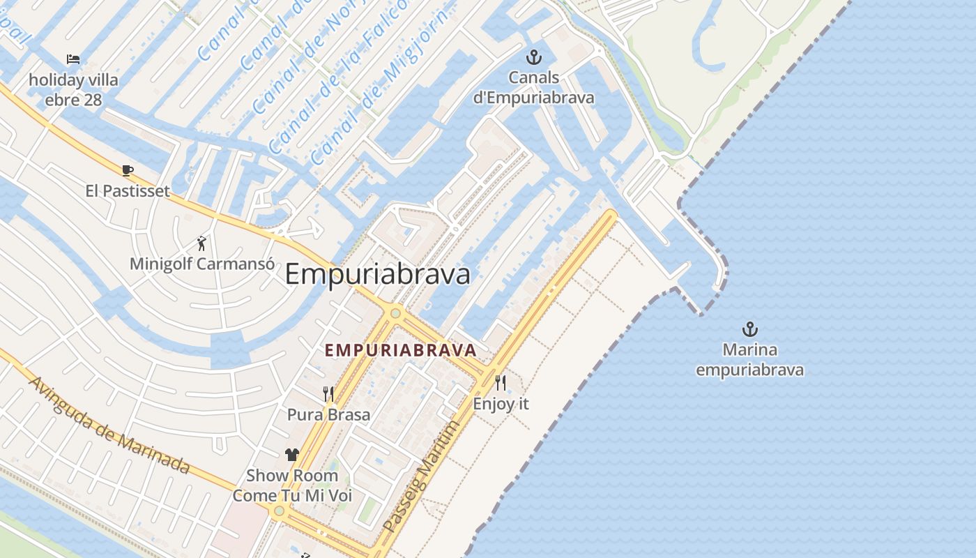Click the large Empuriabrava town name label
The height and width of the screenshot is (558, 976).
pyautogui.click(x=377, y=274)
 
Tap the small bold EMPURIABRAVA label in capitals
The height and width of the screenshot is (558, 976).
pyautogui.click(x=401, y=350)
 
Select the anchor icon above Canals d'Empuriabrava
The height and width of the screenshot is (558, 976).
pyautogui.click(x=533, y=57)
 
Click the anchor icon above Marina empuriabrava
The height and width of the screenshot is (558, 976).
pyautogui.click(x=749, y=329)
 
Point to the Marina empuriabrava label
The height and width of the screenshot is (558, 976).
pyautogui.click(x=749, y=360)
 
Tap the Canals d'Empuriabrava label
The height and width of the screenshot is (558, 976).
pyautogui.click(x=533, y=87)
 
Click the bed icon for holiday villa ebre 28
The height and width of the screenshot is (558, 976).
pyautogui.click(x=73, y=59)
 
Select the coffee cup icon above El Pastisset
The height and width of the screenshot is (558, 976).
pyautogui.click(x=127, y=170)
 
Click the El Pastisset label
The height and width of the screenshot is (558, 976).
pyautogui.click(x=127, y=190)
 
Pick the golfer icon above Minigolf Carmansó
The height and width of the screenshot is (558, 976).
pyautogui.click(x=201, y=243)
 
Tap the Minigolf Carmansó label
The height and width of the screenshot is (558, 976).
pyautogui.click(x=201, y=264)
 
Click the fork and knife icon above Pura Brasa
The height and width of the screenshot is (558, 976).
pyautogui.click(x=328, y=394)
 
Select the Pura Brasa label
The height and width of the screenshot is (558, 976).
pyautogui.click(x=328, y=414)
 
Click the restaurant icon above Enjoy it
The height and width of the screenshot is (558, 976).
pyautogui.click(x=501, y=382)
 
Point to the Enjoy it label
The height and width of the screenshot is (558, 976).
pyautogui.click(x=501, y=403)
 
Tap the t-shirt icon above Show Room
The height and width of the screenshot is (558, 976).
pyautogui.click(x=291, y=455)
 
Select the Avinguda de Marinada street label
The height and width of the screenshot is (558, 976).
pyautogui.click(x=109, y=425)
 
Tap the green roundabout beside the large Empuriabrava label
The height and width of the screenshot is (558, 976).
pyautogui.click(x=395, y=313)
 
